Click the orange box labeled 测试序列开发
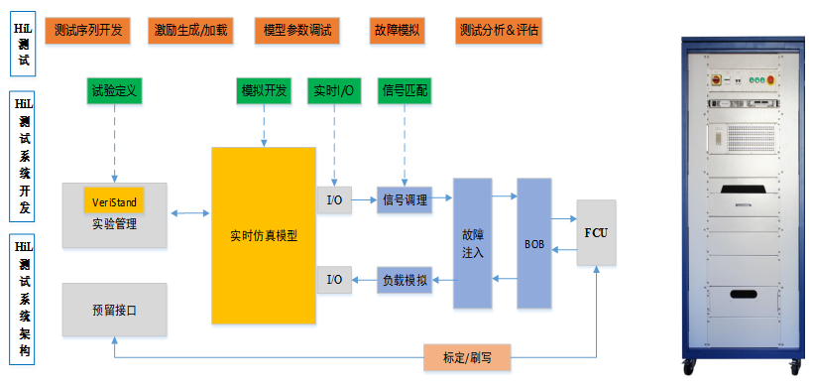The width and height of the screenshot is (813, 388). [x=89, y=30]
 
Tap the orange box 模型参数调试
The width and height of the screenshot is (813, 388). [x=295, y=30]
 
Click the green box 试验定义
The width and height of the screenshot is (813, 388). [x=115, y=90]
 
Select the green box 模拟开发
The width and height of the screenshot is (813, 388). [x=264, y=90]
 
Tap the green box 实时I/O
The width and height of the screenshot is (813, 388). [x=334, y=90]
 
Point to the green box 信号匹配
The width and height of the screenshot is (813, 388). [x=406, y=90]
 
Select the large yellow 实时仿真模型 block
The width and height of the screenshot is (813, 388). [x=264, y=236]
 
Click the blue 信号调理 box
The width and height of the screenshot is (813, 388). [x=405, y=199]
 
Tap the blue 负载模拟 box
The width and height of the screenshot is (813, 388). [x=405, y=280]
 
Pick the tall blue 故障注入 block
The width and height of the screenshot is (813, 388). [x=473, y=243]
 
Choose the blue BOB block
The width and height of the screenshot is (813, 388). [x=533, y=243]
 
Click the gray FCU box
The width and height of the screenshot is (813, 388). [x=597, y=232]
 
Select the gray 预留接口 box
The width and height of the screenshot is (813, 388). [x=114, y=310]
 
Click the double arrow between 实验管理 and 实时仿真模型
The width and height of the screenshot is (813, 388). [x=189, y=212]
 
